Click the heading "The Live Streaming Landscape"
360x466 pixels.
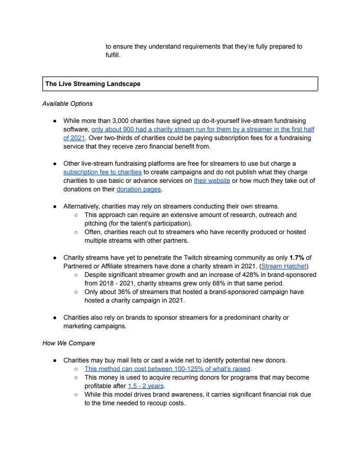click(93, 84)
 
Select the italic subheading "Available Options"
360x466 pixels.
click(67, 104)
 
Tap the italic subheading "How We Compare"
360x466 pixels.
click(68, 343)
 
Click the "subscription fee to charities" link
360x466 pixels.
click(103, 172)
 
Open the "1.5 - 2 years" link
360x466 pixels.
click(145, 386)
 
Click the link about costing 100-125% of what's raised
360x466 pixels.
click(167, 369)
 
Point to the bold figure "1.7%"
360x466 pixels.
click(297, 258)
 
